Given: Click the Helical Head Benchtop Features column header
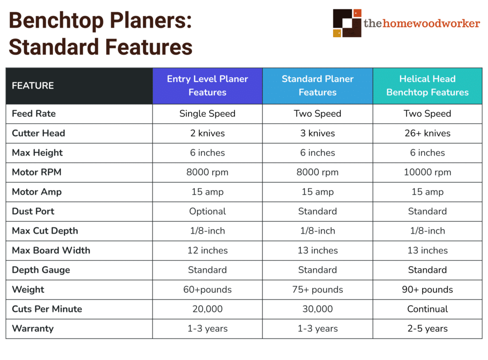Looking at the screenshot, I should (x=427, y=86).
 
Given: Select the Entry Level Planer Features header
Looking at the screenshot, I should (x=207, y=86).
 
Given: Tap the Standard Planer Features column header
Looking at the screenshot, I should (x=317, y=86).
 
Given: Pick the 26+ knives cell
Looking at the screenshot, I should (x=427, y=133).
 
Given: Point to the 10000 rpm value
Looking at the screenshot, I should (x=427, y=172).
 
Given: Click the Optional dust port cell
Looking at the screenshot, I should (x=207, y=211).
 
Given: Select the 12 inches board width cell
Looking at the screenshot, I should (x=207, y=250).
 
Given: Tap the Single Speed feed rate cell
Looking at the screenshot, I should (x=207, y=113).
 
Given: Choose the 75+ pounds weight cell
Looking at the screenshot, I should (x=317, y=289).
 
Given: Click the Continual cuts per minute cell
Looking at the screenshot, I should (x=427, y=309).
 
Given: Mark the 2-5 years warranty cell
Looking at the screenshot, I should (x=427, y=329).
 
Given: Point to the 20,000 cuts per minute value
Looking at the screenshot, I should (x=207, y=309).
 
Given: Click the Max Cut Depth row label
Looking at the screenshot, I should (x=44, y=231).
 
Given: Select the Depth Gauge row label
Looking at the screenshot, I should (x=41, y=270).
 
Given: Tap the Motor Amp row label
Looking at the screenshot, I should (x=37, y=192).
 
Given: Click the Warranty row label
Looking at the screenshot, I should (x=33, y=329).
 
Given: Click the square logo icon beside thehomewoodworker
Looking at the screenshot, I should (x=347, y=22).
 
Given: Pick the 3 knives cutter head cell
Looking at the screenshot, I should (x=317, y=133).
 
